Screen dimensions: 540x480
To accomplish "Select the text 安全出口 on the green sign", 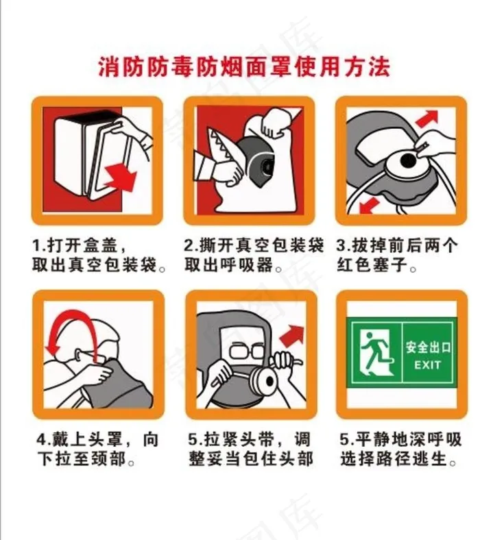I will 429,347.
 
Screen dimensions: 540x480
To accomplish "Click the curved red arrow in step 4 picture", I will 69,322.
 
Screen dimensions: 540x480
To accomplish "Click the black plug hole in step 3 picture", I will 407,160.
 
